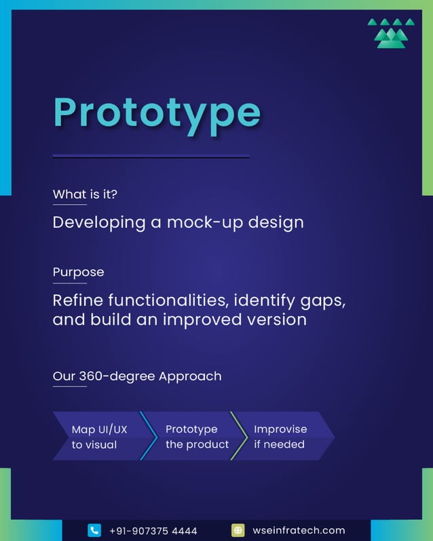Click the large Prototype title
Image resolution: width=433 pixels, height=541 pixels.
[157, 113]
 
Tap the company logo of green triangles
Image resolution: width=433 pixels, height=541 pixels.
[391, 33]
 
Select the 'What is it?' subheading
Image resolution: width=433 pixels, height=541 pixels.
[85, 195]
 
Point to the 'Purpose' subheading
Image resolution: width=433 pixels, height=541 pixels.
[78, 272]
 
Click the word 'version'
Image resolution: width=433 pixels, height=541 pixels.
[278, 319]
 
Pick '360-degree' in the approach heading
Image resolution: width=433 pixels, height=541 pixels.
[117, 376]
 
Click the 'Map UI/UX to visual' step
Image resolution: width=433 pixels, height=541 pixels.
[99, 437]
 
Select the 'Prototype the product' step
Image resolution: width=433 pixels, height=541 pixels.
[196, 437]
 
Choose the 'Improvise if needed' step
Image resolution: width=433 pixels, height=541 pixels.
[281, 437]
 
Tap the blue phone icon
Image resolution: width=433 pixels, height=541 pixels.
[94, 530]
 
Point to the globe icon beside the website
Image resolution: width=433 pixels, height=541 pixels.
[238, 530]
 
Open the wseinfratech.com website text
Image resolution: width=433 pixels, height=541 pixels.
[298, 530]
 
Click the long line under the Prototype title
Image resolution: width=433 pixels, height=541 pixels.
[151, 157]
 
